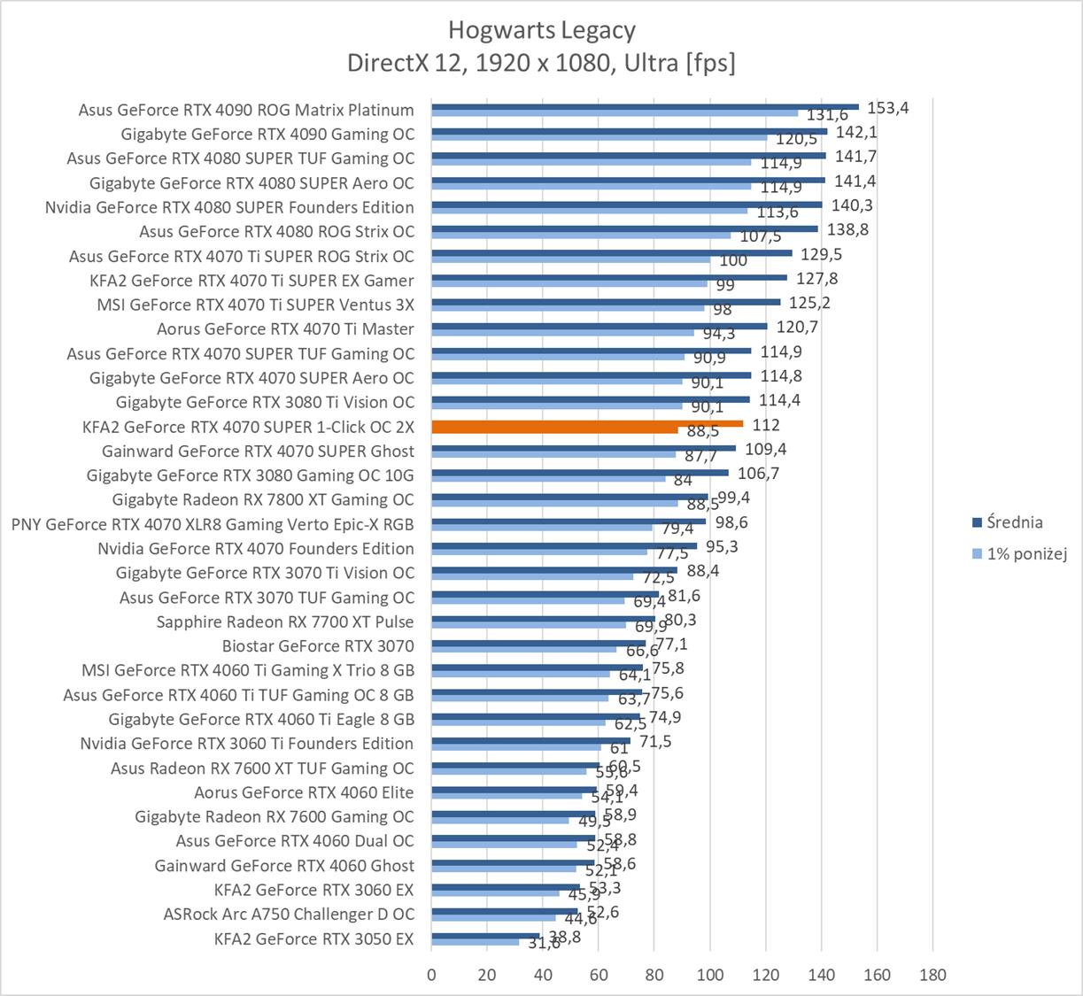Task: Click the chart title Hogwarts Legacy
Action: (x=541, y=30)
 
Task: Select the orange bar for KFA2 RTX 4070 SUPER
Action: (x=586, y=424)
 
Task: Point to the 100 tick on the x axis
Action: (x=710, y=975)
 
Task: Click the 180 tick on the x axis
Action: (x=932, y=975)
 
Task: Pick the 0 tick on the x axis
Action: (x=431, y=975)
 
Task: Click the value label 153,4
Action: (x=888, y=108)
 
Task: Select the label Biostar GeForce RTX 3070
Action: (x=318, y=646)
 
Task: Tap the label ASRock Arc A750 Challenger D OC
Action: (x=289, y=915)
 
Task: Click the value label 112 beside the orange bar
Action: (x=766, y=426)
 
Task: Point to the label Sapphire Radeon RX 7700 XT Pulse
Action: (x=285, y=622)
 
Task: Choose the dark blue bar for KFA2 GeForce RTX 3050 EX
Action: (x=485, y=935)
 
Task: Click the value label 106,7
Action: (x=758, y=474)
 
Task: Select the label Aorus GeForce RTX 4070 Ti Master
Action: (x=285, y=329)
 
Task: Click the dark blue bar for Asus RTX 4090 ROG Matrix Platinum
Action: (x=645, y=106)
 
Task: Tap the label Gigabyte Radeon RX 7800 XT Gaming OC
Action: (x=263, y=499)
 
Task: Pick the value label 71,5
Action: (x=655, y=741)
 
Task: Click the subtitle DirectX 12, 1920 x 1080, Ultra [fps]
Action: (x=541, y=63)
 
